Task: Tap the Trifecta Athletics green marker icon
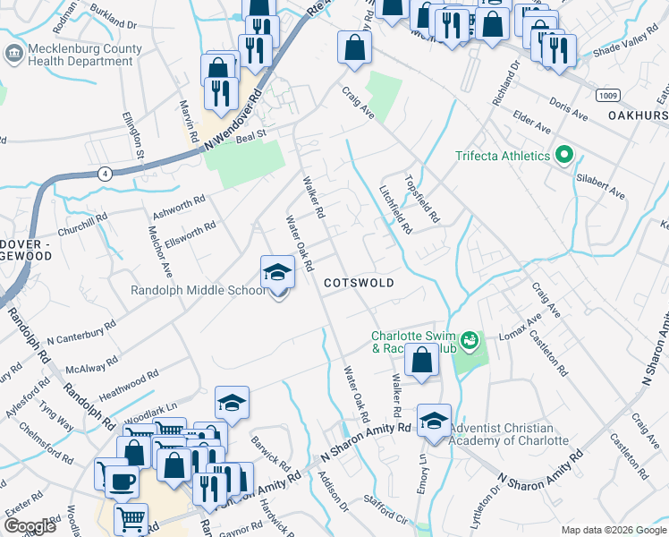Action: (563, 156)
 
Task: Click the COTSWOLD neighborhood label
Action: (359, 282)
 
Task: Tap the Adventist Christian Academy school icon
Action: (434, 420)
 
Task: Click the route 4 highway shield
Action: (106, 175)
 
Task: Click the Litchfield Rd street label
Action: (395, 209)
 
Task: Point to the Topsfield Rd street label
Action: (422, 198)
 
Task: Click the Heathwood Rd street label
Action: (128, 383)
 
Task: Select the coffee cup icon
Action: (122, 481)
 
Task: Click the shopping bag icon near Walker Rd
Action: (421, 362)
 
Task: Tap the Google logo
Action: (30, 526)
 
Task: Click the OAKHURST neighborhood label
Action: (638, 115)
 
